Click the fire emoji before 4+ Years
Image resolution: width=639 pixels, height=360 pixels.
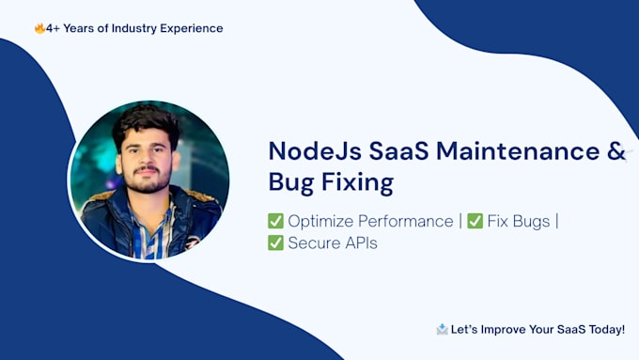coord(39,28)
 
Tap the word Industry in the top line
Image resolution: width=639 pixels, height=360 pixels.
coord(134,28)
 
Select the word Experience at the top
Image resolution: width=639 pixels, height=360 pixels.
coord(192,29)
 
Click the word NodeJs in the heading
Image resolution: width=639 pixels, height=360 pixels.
coord(315,151)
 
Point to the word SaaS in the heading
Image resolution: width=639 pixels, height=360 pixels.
coord(399,150)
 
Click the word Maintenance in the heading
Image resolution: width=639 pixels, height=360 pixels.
coord(518,150)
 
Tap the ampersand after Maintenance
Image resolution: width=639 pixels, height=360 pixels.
coord(616,150)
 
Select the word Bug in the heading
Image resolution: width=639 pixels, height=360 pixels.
coord(291,182)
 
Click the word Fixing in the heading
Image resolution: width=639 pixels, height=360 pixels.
coord(357,182)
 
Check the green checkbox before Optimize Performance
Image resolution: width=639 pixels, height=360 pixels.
coord(275,221)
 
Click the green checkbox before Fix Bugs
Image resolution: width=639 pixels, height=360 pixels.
coord(475,221)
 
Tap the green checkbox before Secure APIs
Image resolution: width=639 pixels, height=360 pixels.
coord(275,243)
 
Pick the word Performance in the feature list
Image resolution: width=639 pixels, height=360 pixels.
coord(406,222)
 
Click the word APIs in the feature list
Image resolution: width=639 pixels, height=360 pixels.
coord(361,243)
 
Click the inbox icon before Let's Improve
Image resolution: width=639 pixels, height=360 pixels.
coord(443,329)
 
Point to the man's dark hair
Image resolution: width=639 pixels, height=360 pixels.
coord(147,122)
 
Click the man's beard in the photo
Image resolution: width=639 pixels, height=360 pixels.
coord(148,180)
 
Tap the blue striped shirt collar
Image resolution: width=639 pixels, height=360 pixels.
coord(151,228)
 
